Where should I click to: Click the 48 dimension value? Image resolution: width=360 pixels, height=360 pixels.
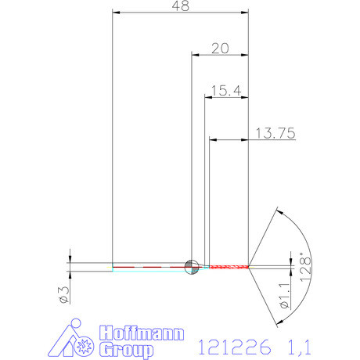click(x=180, y=6)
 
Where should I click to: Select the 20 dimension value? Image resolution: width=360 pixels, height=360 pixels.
click(x=220, y=48)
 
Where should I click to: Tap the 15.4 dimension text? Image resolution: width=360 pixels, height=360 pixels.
click(x=224, y=92)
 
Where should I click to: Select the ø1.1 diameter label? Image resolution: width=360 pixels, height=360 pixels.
click(x=285, y=303)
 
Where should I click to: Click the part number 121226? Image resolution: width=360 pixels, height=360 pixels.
click(x=234, y=345)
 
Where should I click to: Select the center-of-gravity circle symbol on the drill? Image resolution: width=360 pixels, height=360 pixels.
click(x=189, y=267)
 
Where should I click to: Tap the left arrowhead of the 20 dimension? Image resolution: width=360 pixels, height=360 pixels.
click(x=196, y=54)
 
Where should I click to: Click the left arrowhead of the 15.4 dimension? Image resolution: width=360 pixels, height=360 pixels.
click(x=208, y=97)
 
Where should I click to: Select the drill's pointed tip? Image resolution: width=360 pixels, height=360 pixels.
click(x=249, y=267)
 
